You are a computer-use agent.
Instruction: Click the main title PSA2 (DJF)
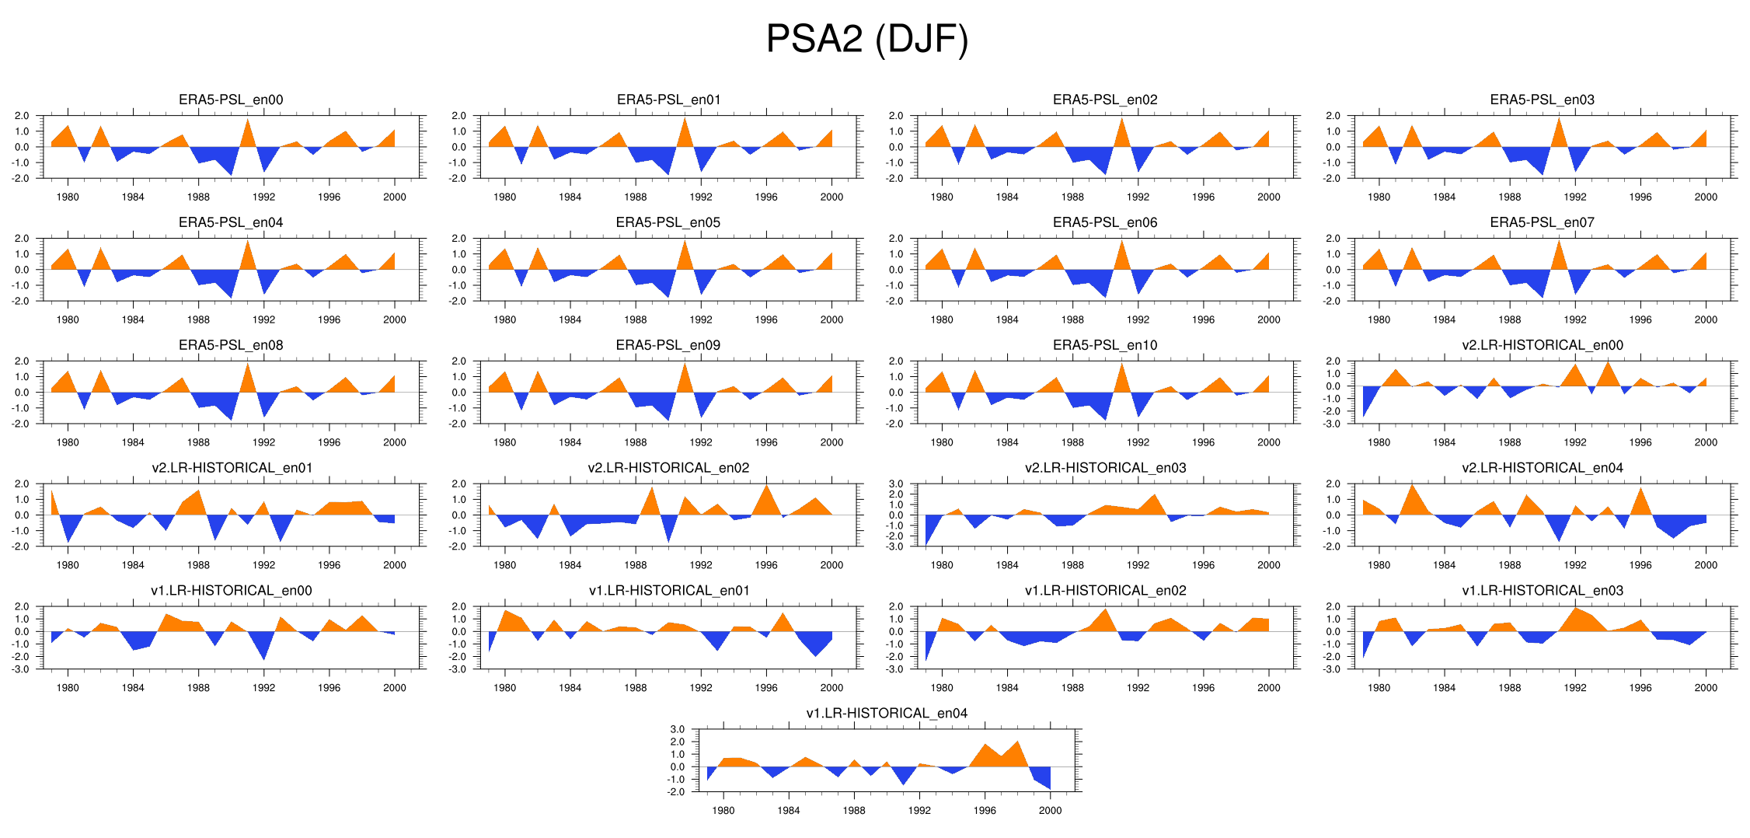tap(867, 39)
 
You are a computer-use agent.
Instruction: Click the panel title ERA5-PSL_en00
tap(231, 100)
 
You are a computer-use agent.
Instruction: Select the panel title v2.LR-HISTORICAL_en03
tap(1105, 467)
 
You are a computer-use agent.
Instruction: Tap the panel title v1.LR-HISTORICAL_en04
tap(887, 713)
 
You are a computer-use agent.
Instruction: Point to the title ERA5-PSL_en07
tap(1542, 222)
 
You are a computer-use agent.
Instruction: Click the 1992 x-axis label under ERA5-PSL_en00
tap(263, 197)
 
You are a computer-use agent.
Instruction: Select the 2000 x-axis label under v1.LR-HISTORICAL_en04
tap(1050, 810)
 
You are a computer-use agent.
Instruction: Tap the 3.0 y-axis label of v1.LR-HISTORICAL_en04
tap(677, 729)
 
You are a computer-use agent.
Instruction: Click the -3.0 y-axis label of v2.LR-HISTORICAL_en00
tap(1333, 424)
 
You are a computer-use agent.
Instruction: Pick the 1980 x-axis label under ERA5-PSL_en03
tap(1379, 197)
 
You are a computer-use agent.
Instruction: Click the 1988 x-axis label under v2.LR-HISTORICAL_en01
tap(198, 565)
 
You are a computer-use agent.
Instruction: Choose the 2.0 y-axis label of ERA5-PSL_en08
tap(22, 361)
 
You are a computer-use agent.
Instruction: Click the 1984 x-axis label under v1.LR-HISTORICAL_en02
tap(1007, 687)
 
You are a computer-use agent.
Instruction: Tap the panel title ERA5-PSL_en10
tap(1105, 345)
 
